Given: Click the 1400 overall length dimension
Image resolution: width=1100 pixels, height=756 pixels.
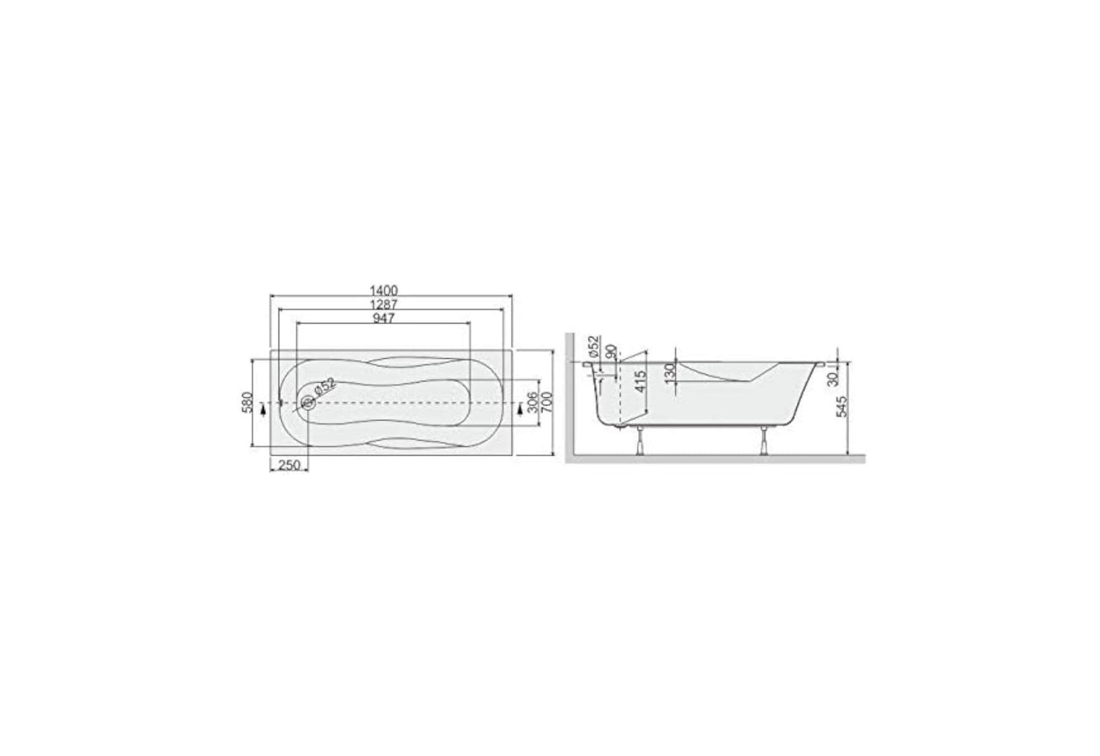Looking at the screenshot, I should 384,290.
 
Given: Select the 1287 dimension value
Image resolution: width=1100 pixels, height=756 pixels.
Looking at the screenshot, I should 384,304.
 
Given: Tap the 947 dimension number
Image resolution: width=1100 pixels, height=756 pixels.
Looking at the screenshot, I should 384,318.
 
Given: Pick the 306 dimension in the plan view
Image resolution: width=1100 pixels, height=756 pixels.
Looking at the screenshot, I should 533,401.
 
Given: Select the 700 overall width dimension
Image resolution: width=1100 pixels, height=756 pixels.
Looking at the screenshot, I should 545,401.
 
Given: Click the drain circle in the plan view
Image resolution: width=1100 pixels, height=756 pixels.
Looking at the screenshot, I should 308,402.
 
